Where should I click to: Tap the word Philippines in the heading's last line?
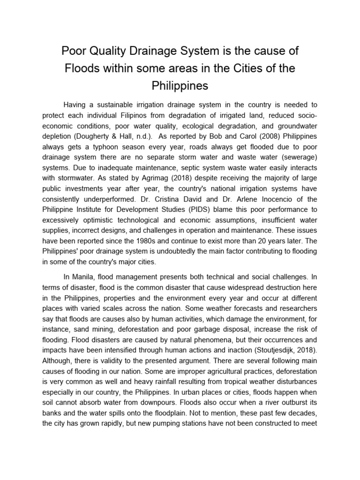pyautogui.click(x=180, y=86)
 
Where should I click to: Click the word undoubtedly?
pyautogui.click(x=176, y=251)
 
